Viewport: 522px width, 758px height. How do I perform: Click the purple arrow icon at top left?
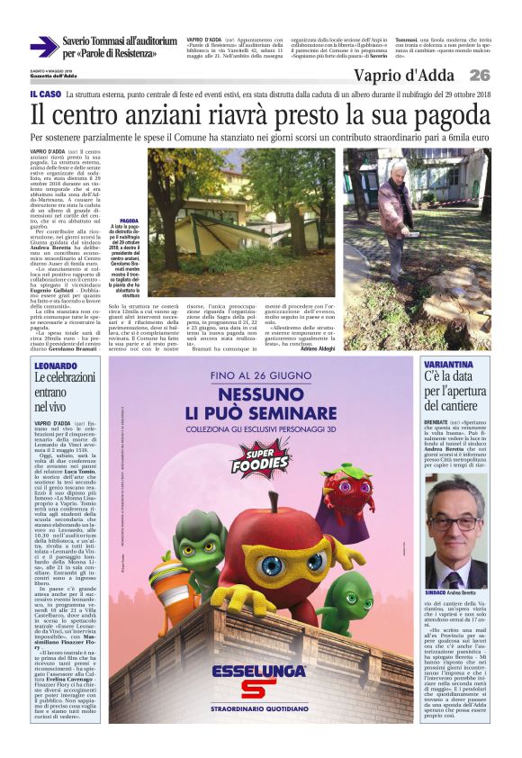click(x=43, y=47)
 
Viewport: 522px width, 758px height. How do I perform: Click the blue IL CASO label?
click(x=46, y=94)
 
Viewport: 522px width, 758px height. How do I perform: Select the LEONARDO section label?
click(x=55, y=366)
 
